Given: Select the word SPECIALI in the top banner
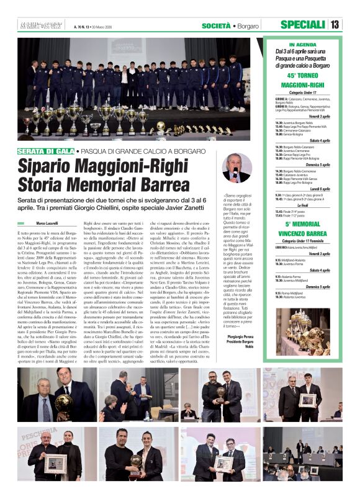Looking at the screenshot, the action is tap(302, 25).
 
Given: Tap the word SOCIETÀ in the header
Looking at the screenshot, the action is tap(217, 25).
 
